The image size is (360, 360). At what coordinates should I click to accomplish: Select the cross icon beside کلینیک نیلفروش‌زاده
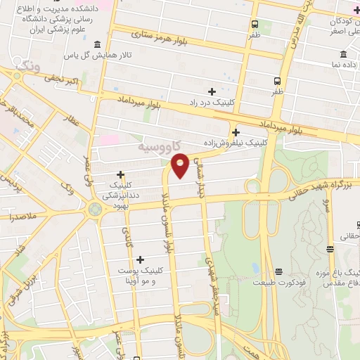click(236, 131)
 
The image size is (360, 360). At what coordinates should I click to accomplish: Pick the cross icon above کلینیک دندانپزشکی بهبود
click(121, 174)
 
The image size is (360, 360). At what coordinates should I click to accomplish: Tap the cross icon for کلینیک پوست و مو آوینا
click(141, 259)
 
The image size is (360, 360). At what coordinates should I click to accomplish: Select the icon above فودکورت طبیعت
click(278, 271)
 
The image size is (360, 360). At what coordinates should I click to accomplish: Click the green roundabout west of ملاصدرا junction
click(94, 209)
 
